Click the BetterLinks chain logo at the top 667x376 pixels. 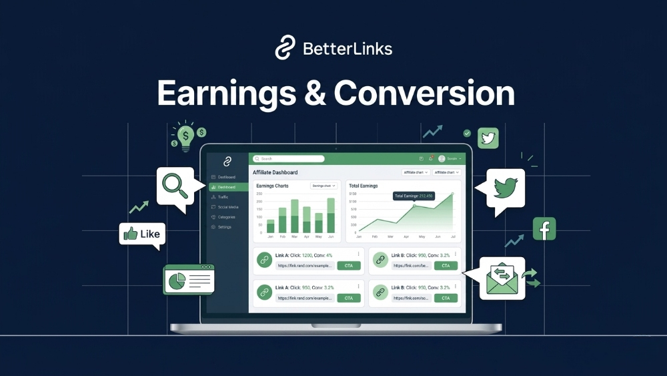click(x=285, y=48)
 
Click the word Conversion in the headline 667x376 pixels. click(x=424, y=93)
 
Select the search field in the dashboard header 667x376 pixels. click(x=289, y=159)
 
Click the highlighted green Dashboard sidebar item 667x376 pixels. click(x=227, y=187)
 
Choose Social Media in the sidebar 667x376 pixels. click(x=227, y=207)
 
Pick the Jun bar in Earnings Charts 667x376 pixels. click(x=330, y=215)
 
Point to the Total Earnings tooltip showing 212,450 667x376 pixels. click(x=414, y=196)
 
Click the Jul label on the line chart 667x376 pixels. click(x=452, y=236)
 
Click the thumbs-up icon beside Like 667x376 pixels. click(x=130, y=234)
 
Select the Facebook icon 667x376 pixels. click(x=544, y=229)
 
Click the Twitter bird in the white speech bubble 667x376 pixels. click(x=505, y=188)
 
